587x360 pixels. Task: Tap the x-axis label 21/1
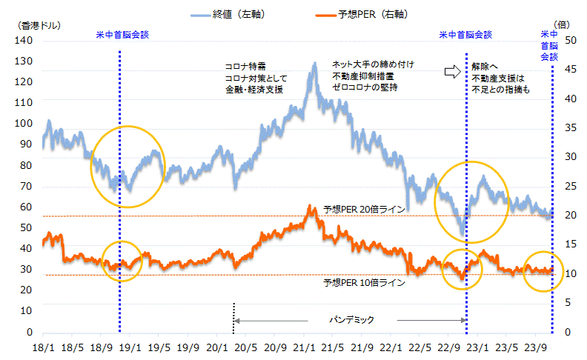tap(304, 347)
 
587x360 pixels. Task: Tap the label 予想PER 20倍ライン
tap(364, 210)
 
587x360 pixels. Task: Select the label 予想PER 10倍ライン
tap(364, 283)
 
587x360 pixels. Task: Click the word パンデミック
tap(352, 320)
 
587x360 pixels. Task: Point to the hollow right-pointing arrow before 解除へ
tap(451, 71)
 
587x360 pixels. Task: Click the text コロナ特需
tap(245, 66)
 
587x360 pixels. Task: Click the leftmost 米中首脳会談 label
tap(122, 34)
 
